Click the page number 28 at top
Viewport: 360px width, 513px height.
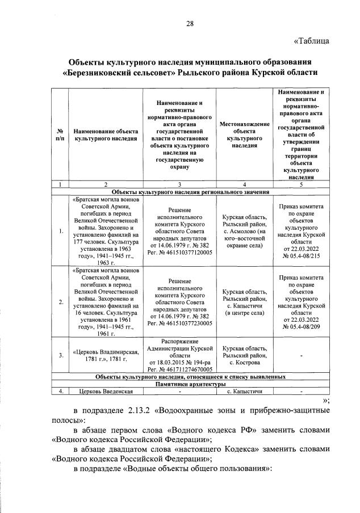tap(190, 23)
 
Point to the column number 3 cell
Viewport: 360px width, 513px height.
tap(179, 184)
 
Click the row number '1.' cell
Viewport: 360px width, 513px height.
tap(60, 231)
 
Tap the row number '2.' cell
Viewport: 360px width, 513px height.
tap(60, 302)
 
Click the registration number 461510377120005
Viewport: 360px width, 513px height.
tap(179, 252)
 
